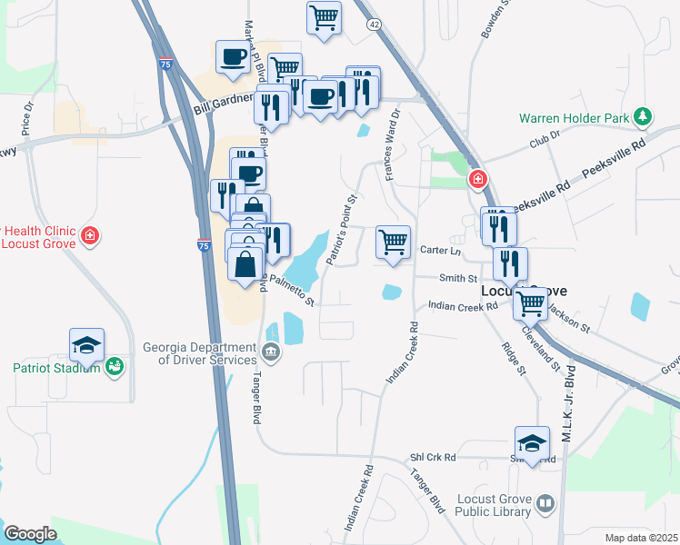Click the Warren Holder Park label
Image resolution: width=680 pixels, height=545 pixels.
pyautogui.click(x=575, y=118)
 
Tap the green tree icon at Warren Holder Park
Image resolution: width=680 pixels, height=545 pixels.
pyautogui.click(x=644, y=116)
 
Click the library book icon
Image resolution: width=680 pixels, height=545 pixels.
pyautogui.click(x=545, y=504)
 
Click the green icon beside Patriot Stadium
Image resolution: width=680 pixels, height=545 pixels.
pyautogui.click(x=115, y=367)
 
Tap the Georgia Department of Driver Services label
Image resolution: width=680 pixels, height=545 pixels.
pyautogui.click(x=200, y=353)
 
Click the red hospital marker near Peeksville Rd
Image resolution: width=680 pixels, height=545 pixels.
pyautogui.click(x=477, y=181)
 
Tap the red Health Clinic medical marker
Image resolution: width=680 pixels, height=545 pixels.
pyautogui.click(x=89, y=237)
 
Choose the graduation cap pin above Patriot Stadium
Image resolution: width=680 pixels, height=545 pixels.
pyautogui.click(x=87, y=345)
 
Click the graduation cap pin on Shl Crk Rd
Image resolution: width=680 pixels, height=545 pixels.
pyautogui.click(x=532, y=443)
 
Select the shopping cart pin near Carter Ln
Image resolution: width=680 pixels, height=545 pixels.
pyautogui.click(x=393, y=242)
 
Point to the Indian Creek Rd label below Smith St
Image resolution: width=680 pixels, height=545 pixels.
pyautogui.click(x=463, y=307)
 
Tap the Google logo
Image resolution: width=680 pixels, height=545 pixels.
pyautogui.click(x=30, y=533)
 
